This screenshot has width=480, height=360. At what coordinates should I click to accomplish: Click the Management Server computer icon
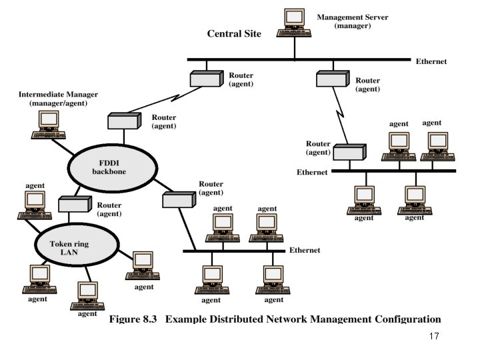(294, 23)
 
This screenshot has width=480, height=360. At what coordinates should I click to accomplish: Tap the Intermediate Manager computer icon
(49, 125)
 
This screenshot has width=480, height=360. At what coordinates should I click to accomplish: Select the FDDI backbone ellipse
(113, 168)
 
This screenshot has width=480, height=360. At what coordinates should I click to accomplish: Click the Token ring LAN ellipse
(77, 245)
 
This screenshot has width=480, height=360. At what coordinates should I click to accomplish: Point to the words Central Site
(234, 33)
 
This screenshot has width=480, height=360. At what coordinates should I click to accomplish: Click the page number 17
(434, 336)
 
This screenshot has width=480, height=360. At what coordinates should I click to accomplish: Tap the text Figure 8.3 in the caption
(133, 319)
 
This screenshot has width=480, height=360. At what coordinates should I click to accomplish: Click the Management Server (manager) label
(353, 21)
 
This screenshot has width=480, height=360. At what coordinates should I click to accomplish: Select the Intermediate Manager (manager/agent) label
(58, 99)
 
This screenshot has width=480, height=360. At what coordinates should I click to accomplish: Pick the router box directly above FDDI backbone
(124, 121)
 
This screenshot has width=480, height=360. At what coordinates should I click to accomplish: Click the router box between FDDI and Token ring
(75, 204)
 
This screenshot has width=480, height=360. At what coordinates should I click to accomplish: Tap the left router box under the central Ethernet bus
(207, 79)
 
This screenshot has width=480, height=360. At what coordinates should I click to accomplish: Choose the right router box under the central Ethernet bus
(333, 79)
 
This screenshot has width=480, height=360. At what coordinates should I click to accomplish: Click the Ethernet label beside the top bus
(431, 61)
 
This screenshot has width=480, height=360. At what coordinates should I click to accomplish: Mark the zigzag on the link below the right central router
(340, 114)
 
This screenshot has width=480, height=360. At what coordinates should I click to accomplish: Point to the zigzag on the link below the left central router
(175, 97)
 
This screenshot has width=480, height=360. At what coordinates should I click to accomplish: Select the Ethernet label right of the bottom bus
(305, 251)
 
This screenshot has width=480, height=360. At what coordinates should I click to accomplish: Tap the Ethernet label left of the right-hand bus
(312, 173)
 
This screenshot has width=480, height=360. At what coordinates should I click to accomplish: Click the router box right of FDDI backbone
(179, 199)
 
